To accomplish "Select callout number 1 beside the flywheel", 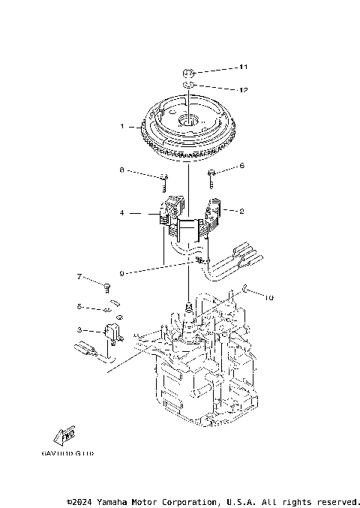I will click(x=121, y=126).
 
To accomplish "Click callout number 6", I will click(x=241, y=165).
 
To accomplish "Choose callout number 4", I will click(x=121, y=213).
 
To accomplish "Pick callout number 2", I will click(x=241, y=211).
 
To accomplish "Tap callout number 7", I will click(x=79, y=277).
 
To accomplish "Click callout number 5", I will click(x=79, y=306).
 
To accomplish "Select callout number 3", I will click(x=79, y=329).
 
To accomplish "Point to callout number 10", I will click(x=270, y=297).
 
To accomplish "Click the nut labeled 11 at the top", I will click(x=189, y=73).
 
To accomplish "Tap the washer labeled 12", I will click(x=189, y=86).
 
